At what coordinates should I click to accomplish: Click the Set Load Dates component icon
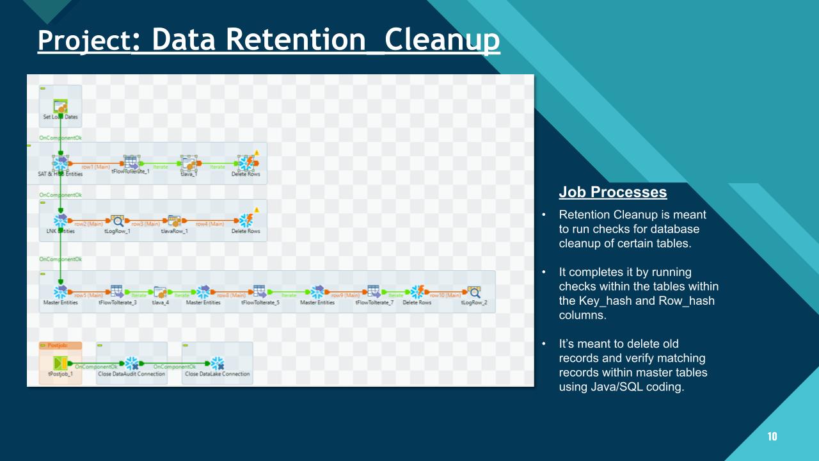(x=60, y=106)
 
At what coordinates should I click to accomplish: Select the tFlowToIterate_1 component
(x=131, y=163)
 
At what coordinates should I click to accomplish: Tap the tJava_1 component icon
(x=188, y=163)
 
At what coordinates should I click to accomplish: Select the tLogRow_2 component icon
(x=474, y=292)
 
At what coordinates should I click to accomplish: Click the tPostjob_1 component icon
(x=61, y=364)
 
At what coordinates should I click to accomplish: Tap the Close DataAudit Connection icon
(x=132, y=364)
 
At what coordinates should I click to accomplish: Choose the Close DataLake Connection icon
(x=218, y=364)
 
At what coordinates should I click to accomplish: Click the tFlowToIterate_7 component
(x=374, y=292)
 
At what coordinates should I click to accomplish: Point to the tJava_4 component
(x=160, y=292)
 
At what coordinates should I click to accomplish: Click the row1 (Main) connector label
(x=96, y=167)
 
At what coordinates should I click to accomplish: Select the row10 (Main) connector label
(x=445, y=295)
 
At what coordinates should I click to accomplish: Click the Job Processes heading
(x=612, y=192)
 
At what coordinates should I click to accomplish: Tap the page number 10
(x=772, y=437)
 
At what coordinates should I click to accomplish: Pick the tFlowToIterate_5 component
(x=260, y=292)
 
